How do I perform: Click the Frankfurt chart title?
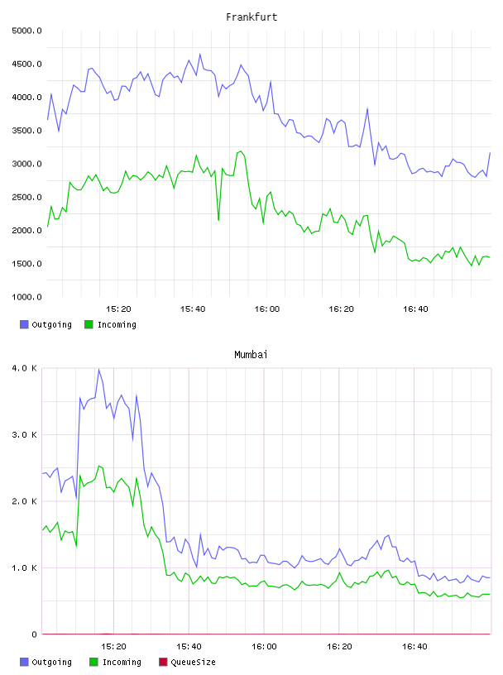point(251,17)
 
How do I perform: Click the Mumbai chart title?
point(251,354)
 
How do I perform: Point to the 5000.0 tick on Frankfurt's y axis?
point(26,31)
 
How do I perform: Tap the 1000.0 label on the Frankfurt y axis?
point(26,297)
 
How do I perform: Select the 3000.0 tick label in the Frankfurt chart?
point(26,164)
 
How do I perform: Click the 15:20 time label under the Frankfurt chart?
point(118,309)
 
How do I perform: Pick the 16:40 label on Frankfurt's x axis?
point(415,309)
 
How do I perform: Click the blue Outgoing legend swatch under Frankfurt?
point(24,324)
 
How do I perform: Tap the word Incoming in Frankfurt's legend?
point(117,324)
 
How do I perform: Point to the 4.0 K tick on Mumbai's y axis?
point(25,368)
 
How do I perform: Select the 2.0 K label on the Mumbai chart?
point(25,501)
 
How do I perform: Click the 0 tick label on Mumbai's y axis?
point(35,634)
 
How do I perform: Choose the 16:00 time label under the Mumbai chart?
point(264,646)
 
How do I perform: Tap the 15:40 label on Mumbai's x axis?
point(189,646)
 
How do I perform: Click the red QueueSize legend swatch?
point(163,662)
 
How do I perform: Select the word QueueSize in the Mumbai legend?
point(193,662)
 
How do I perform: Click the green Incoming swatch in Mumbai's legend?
point(93,662)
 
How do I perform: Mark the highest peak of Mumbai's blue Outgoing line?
point(98,369)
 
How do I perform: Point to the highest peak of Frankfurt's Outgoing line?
point(200,54)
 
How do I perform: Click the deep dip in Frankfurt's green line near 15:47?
point(218,220)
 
